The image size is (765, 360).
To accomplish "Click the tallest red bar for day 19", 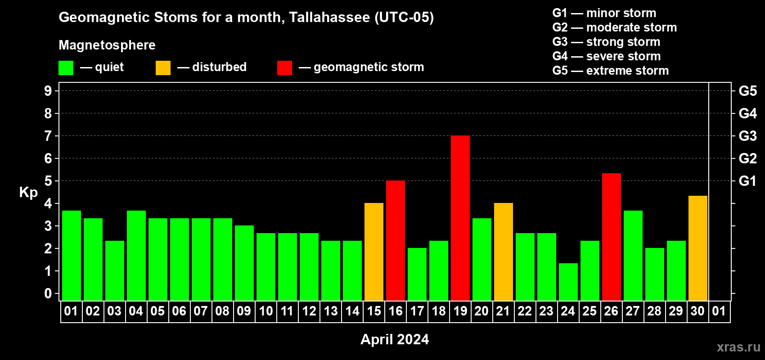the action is [460, 218].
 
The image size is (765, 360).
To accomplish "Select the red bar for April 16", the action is [396, 240].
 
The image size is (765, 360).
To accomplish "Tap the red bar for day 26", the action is [611, 237].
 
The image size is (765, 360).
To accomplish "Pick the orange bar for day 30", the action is [697, 248].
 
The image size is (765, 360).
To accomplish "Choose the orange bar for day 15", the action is [374, 252].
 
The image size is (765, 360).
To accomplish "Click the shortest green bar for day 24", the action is [568, 282].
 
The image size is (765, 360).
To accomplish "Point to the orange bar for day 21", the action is [504, 252].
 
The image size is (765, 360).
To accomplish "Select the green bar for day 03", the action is [115, 270].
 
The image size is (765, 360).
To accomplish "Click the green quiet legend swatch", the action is [66, 67].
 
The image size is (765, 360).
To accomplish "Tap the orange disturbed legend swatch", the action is [163, 67].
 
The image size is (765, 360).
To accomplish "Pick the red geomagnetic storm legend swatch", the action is [284, 67].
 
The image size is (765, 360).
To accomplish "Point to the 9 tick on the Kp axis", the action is [48, 91].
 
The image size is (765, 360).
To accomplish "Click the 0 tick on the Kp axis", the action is [48, 293].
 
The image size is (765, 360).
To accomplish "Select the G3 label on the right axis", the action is [747, 136].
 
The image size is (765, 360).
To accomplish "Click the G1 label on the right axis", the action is [747, 181].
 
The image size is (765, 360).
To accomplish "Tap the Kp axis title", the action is [28, 193].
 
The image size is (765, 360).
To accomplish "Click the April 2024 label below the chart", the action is [395, 339].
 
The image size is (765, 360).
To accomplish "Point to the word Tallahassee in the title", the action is [329, 17].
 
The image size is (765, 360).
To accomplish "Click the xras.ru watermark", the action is [739, 347].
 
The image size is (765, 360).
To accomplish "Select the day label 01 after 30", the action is [719, 311].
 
